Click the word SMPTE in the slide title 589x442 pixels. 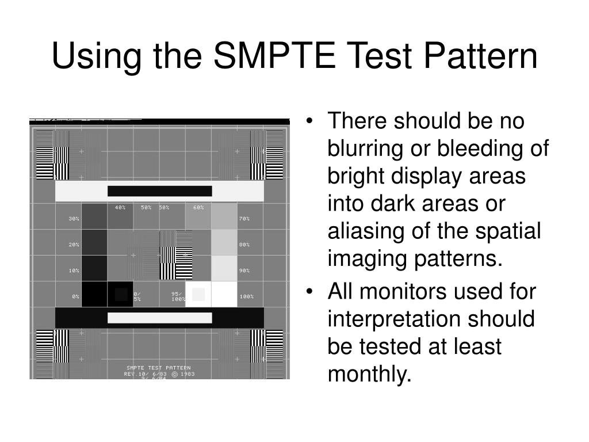(x=273, y=57)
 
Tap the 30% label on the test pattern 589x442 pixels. (x=74, y=219)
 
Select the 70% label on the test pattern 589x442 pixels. (x=244, y=219)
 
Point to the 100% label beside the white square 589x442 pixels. (x=246, y=296)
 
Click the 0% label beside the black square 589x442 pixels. (x=75, y=296)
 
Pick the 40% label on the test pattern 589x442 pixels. (x=120, y=207)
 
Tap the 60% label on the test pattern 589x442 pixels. (x=198, y=207)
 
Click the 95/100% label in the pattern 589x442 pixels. (x=177, y=296)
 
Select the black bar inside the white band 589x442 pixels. (x=159, y=191)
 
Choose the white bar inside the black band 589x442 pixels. (x=159, y=318)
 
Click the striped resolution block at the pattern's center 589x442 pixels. (x=175, y=254)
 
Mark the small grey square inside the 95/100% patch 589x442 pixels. (x=198, y=295)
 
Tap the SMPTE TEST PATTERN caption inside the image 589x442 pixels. (x=159, y=368)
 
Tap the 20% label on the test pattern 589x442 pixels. (x=74, y=245)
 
